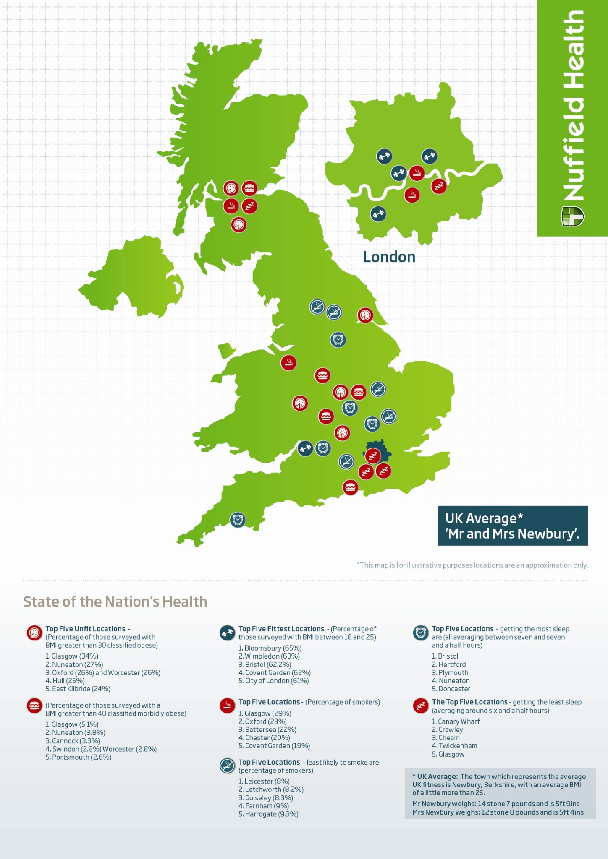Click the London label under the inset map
click(x=389, y=257)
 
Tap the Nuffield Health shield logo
click(x=572, y=216)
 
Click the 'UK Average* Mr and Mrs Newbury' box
click(x=513, y=526)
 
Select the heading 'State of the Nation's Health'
click(x=115, y=601)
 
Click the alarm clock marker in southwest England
click(x=238, y=520)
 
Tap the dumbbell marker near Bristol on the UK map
click(x=305, y=448)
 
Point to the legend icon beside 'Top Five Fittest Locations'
click(x=227, y=633)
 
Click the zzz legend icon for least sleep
click(x=420, y=706)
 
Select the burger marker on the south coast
click(x=350, y=487)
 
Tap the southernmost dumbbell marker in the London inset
click(x=378, y=214)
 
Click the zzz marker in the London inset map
click(x=439, y=186)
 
